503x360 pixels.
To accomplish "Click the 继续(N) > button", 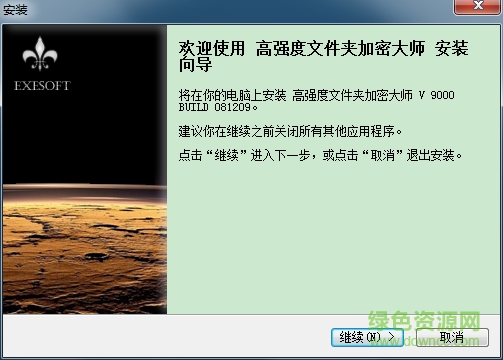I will pyautogui.click(x=366, y=336).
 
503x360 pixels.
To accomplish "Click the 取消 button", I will pyautogui.click(x=450, y=336).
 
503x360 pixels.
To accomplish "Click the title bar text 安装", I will pyautogui.click(x=16, y=11).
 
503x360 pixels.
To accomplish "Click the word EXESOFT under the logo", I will pyautogui.click(x=43, y=86).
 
